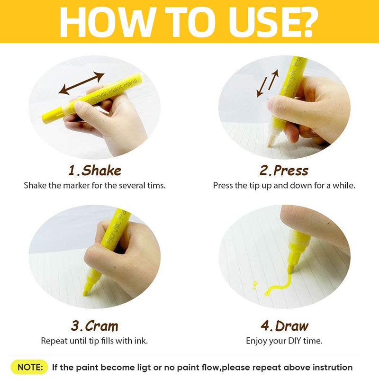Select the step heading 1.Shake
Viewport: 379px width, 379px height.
(x=95, y=171)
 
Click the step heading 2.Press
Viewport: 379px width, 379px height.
(x=284, y=171)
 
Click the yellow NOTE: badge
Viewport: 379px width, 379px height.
(x=29, y=367)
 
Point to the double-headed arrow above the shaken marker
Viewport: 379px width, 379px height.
(x=81, y=83)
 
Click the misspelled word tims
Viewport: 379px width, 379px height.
(x=156, y=185)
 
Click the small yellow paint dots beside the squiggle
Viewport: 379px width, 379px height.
(x=254, y=285)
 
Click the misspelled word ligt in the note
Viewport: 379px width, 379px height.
(x=144, y=368)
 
